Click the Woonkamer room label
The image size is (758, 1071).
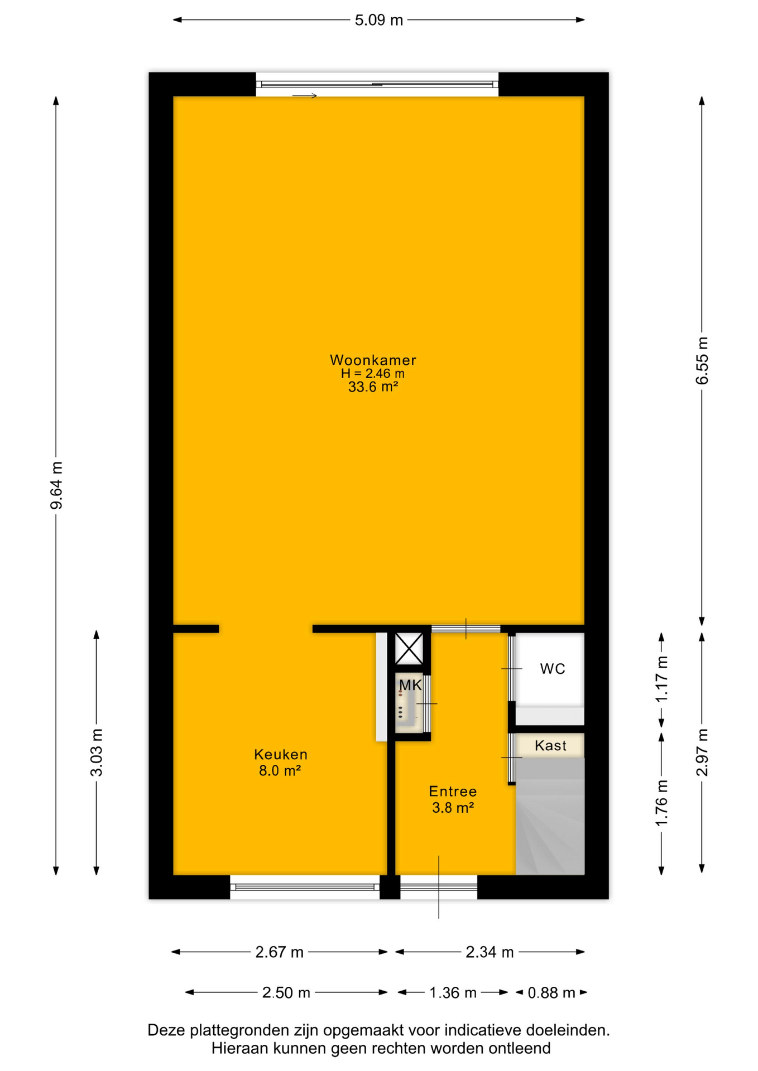pyautogui.click(x=373, y=360)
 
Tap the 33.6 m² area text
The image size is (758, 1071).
pyautogui.click(x=373, y=387)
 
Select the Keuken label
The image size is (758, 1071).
pyautogui.click(x=281, y=754)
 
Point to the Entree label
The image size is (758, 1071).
pyautogui.click(x=453, y=791)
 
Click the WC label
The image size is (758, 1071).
pyautogui.click(x=553, y=669)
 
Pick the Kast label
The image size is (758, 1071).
pyautogui.click(x=550, y=746)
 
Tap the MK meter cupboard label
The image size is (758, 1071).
pyautogui.click(x=410, y=686)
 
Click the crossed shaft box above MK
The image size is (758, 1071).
pyautogui.click(x=409, y=649)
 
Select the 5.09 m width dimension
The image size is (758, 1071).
pyautogui.click(x=378, y=20)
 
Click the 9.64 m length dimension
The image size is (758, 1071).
pyautogui.click(x=56, y=485)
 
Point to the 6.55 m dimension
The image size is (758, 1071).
pyautogui.click(x=702, y=361)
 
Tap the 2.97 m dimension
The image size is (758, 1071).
pyautogui.click(x=702, y=752)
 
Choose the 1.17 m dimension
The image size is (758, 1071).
pyautogui.click(x=661, y=679)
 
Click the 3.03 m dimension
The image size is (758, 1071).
pyautogui.click(x=97, y=752)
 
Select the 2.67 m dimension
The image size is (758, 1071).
pyautogui.click(x=279, y=952)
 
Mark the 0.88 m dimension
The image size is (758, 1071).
pyautogui.click(x=551, y=993)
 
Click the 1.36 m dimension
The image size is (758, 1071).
pyautogui.click(x=453, y=993)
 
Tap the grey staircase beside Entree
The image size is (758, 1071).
pyautogui.click(x=550, y=816)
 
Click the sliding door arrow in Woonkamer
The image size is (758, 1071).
pyautogui.click(x=305, y=96)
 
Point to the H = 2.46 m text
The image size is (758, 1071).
pyautogui.click(x=373, y=374)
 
